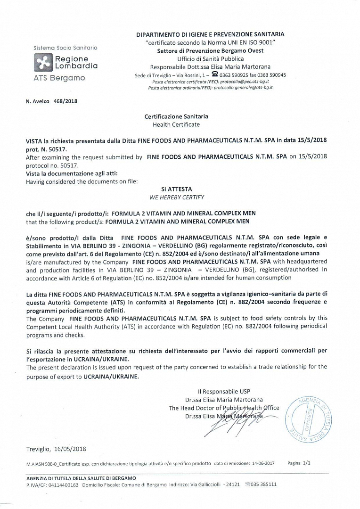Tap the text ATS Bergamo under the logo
(59, 78)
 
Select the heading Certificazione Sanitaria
(176, 116)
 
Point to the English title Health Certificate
(176, 124)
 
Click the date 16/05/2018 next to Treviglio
(70, 449)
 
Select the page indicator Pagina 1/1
(299, 463)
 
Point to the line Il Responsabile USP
(224, 392)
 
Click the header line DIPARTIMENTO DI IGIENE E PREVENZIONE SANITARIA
(210, 34)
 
